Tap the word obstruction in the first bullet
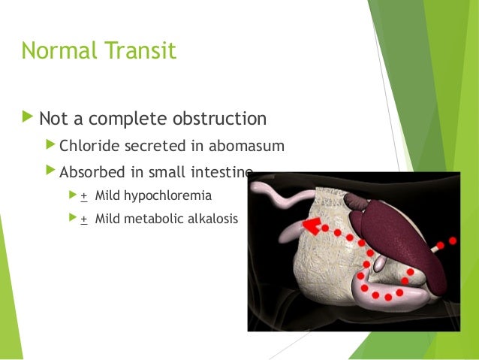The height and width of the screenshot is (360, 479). click(x=220, y=119)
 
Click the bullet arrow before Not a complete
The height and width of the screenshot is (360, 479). click(x=28, y=118)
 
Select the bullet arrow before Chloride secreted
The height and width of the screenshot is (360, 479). click(x=50, y=145)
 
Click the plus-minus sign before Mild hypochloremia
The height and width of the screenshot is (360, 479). click(x=84, y=195)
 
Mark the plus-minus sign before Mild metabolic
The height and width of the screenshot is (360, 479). click(x=84, y=219)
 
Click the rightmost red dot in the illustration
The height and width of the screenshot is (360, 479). click(x=452, y=241)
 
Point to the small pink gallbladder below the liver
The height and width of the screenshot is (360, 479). click(x=380, y=264)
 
